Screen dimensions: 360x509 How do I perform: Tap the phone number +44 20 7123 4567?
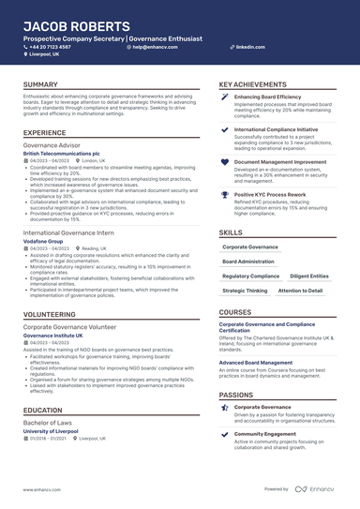pyautogui.click(x=50, y=46)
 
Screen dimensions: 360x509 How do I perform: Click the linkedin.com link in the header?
pyautogui.click(x=249, y=46)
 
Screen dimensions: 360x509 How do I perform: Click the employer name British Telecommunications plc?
pyautogui.click(x=62, y=152)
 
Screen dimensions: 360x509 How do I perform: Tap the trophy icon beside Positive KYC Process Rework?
pyautogui.click(x=225, y=195)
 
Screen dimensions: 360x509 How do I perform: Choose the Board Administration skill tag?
pyautogui.click(x=248, y=262)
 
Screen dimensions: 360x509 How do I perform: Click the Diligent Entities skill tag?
pyautogui.click(x=309, y=277)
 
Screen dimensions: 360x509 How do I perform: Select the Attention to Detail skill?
pyautogui.click(x=300, y=291)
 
